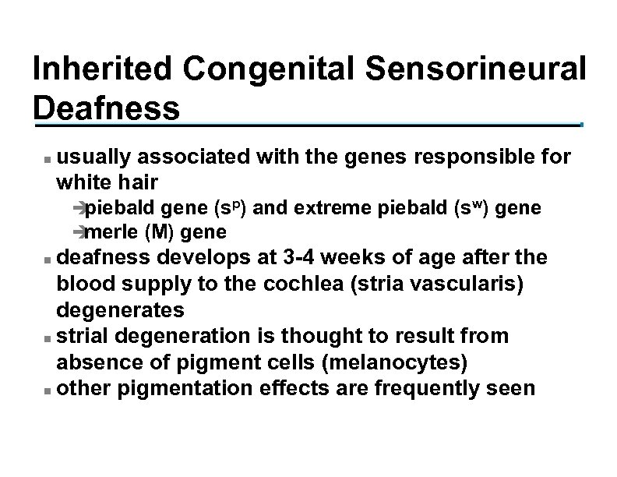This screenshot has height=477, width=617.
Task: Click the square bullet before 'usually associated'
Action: pyautogui.click(x=48, y=159)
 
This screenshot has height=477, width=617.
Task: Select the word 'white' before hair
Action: pyautogui.click(x=82, y=182)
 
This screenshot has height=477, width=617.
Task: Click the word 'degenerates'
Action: pyautogui.click(x=120, y=311)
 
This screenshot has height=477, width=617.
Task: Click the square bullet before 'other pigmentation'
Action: pyautogui.click(x=48, y=388)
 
